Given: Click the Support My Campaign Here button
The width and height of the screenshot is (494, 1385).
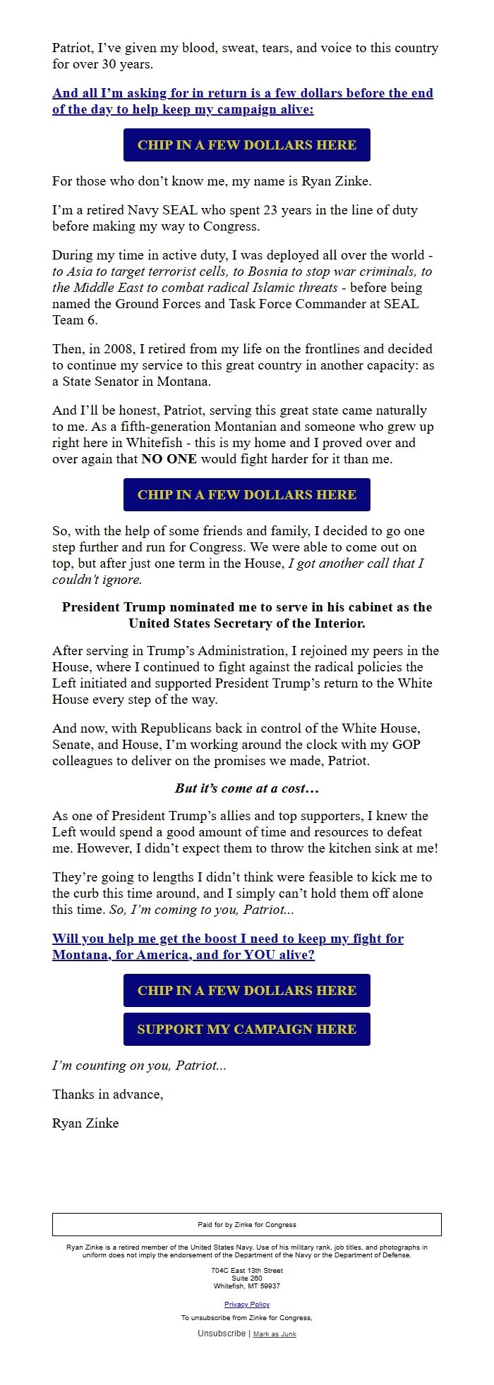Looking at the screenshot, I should pyautogui.click(x=246, y=1029).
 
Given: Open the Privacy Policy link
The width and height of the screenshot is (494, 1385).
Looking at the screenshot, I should pyautogui.click(x=247, y=1305).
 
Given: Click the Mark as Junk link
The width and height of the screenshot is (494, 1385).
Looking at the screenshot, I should pyautogui.click(x=275, y=1334).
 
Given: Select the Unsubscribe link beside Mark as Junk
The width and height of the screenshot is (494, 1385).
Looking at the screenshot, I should pyautogui.click(x=222, y=1334).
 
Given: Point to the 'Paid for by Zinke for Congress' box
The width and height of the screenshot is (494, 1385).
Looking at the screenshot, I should pyautogui.click(x=247, y=1224).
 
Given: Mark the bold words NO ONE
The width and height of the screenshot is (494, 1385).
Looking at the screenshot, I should pyautogui.click(x=169, y=459).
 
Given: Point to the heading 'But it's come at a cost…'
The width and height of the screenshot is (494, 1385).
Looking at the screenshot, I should pyautogui.click(x=247, y=788).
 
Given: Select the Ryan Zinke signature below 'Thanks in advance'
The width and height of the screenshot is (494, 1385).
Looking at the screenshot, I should pyautogui.click(x=85, y=1123).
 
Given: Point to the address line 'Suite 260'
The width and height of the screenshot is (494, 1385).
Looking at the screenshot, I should pyautogui.click(x=247, y=1278).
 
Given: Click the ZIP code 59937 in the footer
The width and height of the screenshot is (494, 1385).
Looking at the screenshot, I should pyautogui.click(x=270, y=1286).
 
